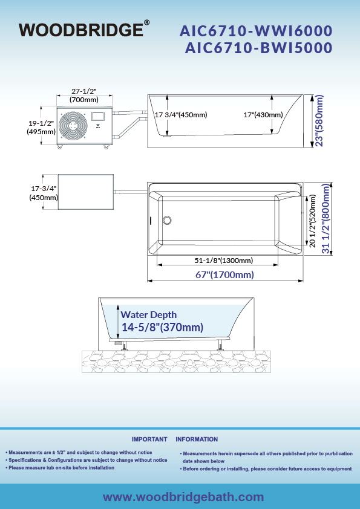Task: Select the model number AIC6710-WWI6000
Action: point(256,31)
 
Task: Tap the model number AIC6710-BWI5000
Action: point(258,48)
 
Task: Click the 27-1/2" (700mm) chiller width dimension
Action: point(84,96)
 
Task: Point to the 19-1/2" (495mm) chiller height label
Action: point(41,127)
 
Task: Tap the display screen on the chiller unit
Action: point(98,117)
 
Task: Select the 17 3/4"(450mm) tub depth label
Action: point(181,115)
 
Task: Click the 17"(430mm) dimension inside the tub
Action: point(263,115)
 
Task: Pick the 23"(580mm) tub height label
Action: point(319,121)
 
